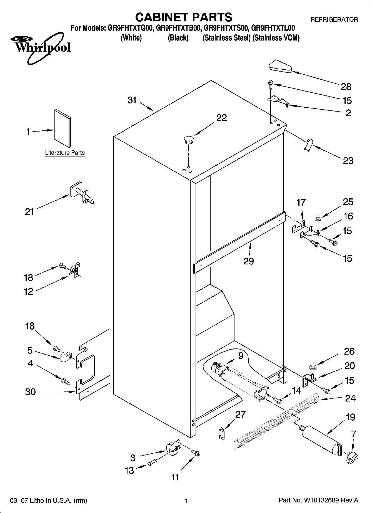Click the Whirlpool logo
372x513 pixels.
point(42,47)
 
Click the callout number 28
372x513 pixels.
point(346,87)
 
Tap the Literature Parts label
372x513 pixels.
point(65,153)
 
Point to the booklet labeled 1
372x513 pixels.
point(63,128)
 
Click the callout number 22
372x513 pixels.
point(221,118)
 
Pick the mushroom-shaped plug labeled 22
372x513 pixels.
point(188,139)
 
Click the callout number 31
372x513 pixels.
point(132,100)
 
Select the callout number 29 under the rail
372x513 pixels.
point(248,261)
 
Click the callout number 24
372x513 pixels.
point(350,398)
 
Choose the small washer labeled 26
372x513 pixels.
point(313,368)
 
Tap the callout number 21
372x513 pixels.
point(29,212)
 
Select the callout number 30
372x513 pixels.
point(30,392)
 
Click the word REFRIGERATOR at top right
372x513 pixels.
point(334,20)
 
